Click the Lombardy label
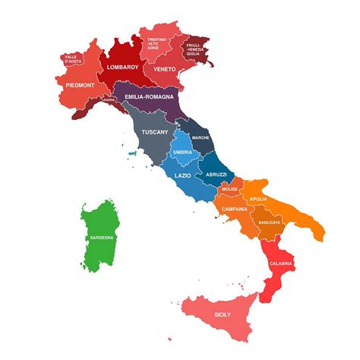pyautogui.click(x=122, y=67)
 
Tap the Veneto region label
pyautogui.click(x=165, y=68)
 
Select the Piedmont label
pyautogui.click(x=80, y=85)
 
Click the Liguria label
pyautogui.click(x=109, y=99)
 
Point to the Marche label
pyautogui.click(x=201, y=137)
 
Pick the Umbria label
pyautogui.click(x=182, y=152)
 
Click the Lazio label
pyautogui.click(x=182, y=175)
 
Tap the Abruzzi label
pyautogui.click(x=216, y=175)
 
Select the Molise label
pyautogui.click(x=230, y=189)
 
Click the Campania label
pyautogui.click(x=235, y=208)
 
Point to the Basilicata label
pyautogui.click(x=270, y=223)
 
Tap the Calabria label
pyautogui.click(x=280, y=264)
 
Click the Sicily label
pyautogui.click(x=223, y=314)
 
